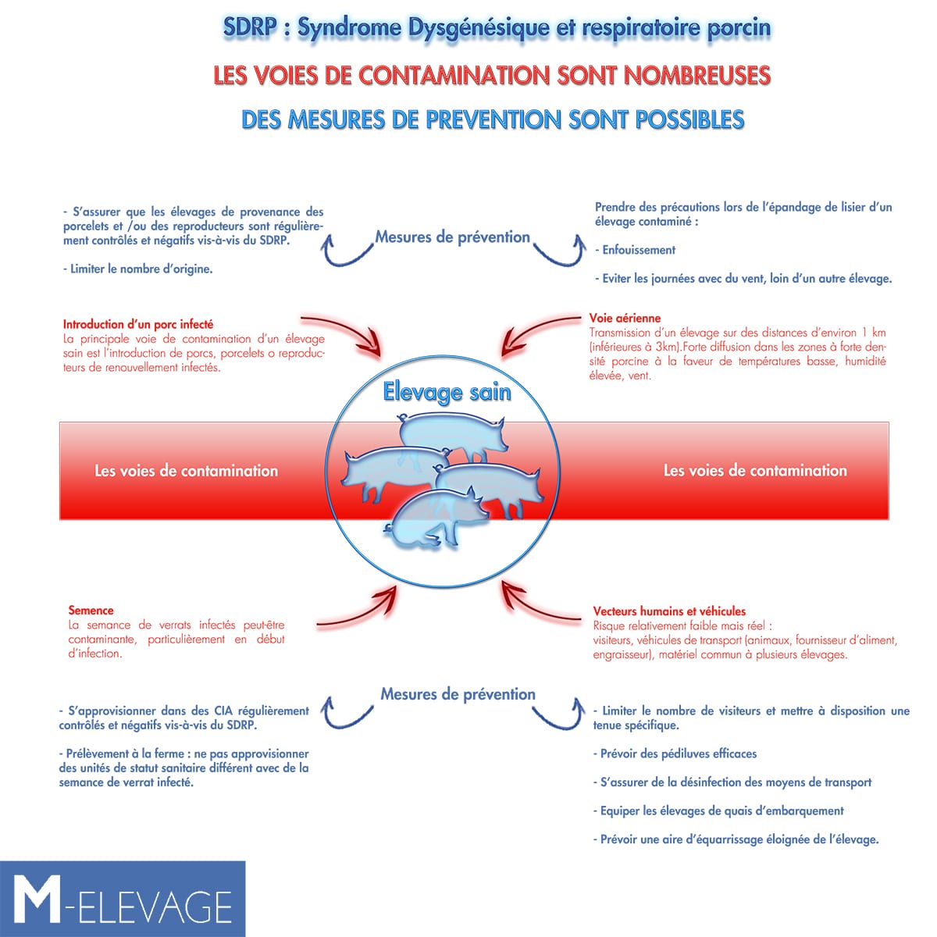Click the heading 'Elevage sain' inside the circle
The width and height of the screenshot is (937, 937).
(x=447, y=393)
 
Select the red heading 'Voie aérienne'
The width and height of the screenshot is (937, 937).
(x=625, y=318)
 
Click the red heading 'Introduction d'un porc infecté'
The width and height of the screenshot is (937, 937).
(x=138, y=324)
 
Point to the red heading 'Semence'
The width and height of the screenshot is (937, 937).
(x=91, y=611)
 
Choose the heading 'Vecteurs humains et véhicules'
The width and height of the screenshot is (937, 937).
(x=669, y=611)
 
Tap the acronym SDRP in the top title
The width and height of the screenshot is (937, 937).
(x=250, y=27)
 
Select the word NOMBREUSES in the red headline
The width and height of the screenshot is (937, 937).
(x=697, y=76)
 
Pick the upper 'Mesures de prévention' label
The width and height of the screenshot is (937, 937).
(x=453, y=237)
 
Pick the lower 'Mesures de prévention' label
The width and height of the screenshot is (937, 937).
(x=458, y=694)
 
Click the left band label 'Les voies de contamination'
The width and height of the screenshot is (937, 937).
(x=187, y=471)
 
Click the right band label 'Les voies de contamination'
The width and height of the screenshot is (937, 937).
(x=755, y=470)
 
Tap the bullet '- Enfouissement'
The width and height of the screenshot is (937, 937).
(x=635, y=250)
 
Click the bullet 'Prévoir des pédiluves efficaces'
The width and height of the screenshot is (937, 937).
(x=675, y=754)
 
